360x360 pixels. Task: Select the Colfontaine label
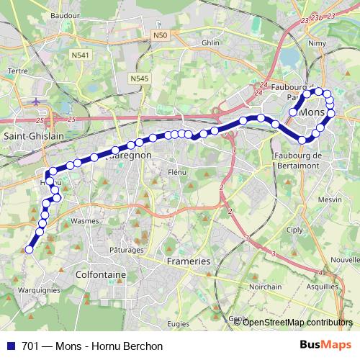102,274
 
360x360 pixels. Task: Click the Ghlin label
210,42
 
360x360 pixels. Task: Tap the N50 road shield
160,35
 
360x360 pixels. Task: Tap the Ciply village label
315,230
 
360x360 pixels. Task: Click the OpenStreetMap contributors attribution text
297,322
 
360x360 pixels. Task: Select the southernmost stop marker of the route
30,250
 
